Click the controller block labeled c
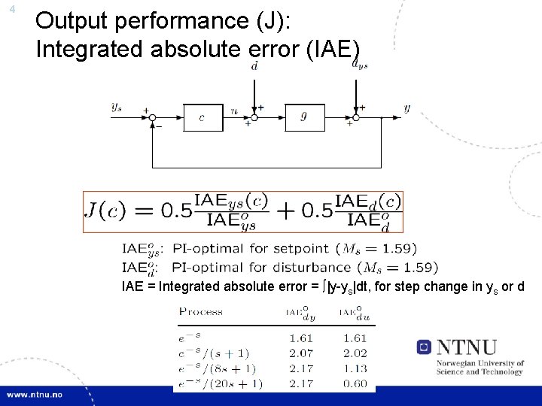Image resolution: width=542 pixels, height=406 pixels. (202, 117)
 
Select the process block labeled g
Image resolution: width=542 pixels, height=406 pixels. (304, 117)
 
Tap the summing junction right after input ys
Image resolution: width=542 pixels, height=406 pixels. (151, 117)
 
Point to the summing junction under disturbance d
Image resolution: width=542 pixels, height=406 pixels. (256, 117)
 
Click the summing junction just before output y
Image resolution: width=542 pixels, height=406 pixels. (358, 117)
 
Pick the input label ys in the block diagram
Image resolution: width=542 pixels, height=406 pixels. (117, 108)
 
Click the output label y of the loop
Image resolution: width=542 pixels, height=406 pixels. (406, 108)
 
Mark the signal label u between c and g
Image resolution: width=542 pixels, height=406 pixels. (234, 110)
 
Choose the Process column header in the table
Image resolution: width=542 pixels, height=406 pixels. (201, 311)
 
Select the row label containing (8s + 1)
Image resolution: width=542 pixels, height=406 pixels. (216, 368)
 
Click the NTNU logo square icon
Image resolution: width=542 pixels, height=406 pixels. (425, 347)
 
